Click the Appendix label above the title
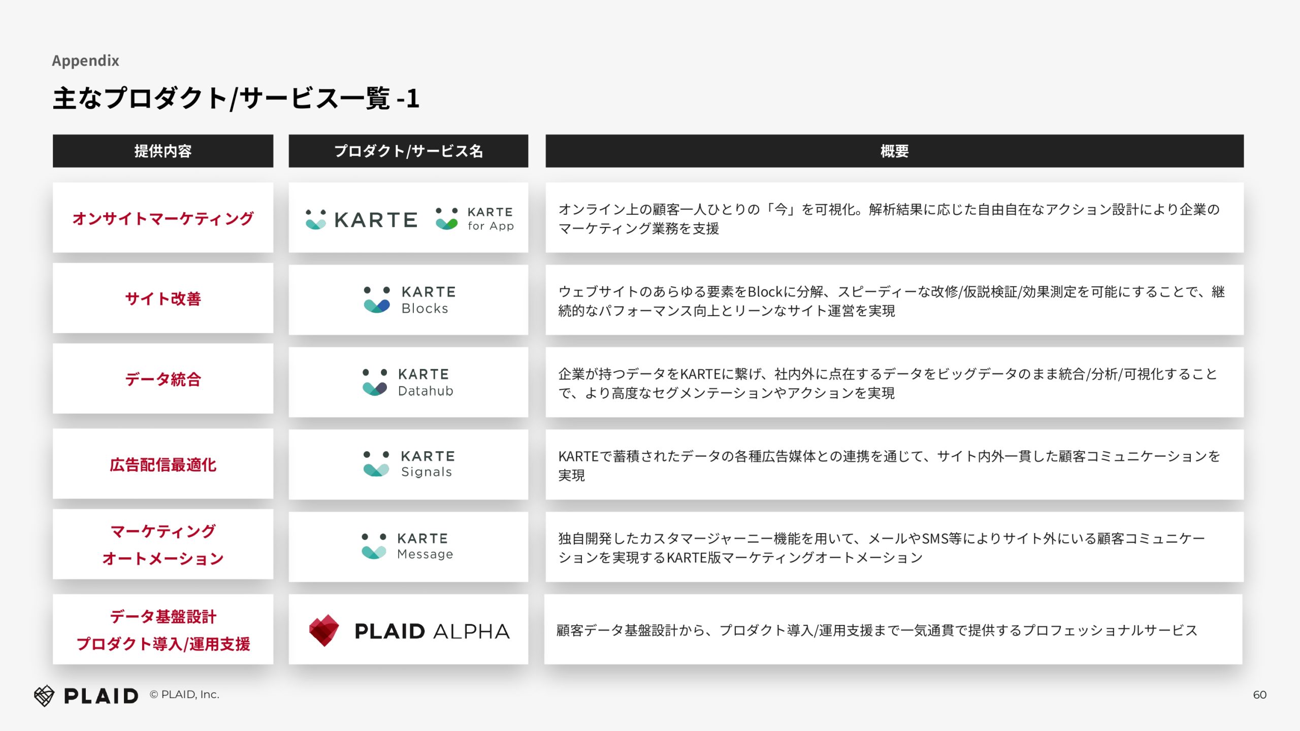tap(85, 61)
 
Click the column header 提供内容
tap(163, 151)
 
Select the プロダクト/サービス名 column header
tap(408, 151)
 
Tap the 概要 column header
tap(894, 151)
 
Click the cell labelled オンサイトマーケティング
tap(163, 218)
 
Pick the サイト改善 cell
tap(163, 298)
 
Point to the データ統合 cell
tap(163, 379)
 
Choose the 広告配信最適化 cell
tap(163, 464)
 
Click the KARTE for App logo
tap(475, 219)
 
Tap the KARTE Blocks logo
tap(410, 300)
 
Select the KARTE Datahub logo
tap(408, 382)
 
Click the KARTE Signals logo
tap(409, 463)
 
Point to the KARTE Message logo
tap(407, 546)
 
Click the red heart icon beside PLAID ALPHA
tap(324, 630)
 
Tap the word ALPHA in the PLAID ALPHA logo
tap(471, 632)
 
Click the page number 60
tap(1259, 695)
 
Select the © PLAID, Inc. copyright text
tap(184, 694)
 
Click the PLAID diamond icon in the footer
tap(44, 695)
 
